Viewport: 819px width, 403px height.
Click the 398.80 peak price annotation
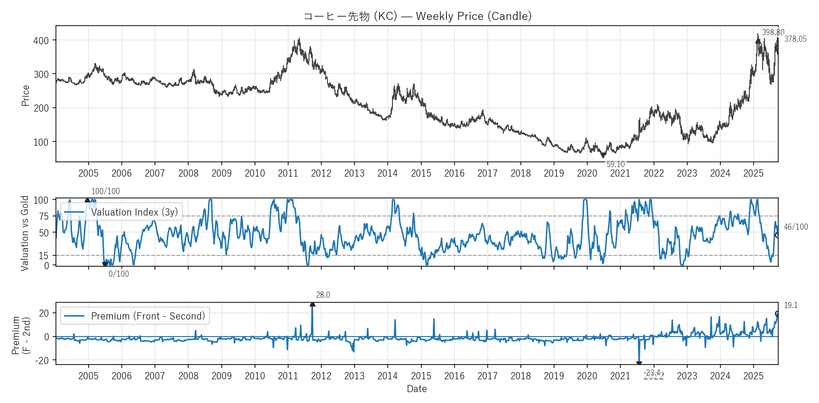(773, 32)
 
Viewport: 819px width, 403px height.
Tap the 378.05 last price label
(795, 39)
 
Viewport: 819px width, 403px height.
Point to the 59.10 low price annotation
(615, 164)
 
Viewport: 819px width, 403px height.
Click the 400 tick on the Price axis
(41, 40)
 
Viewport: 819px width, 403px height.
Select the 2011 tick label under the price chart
(288, 173)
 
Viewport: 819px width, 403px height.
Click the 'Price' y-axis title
(26, 95)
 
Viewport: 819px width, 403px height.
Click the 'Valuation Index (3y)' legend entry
(134, 212)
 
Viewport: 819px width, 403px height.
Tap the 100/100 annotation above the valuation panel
(105, 191)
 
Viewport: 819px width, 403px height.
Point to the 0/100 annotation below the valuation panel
(118, 274)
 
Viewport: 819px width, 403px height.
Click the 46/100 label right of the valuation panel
(795, 227)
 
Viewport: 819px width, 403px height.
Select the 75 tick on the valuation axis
(44, 216)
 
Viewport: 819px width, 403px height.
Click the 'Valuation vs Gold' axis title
(25, 233)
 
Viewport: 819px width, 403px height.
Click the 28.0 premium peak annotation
(323, 295)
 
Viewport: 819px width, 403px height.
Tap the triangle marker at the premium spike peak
(312, 304)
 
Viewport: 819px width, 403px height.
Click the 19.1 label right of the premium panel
(791, 305)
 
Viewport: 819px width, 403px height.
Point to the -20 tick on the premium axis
(42, 361)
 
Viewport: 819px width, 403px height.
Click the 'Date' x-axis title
(417, 389)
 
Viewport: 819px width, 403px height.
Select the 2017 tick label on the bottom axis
(487, 376)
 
